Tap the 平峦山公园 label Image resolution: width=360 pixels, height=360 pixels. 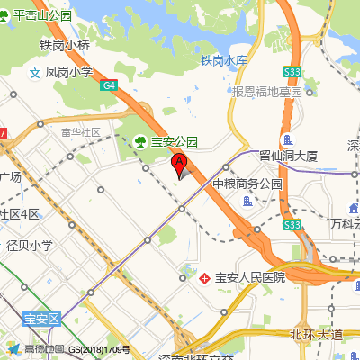pos(41,15)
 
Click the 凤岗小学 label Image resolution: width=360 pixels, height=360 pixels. pos(69,72)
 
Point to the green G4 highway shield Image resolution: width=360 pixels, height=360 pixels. pos(109,85)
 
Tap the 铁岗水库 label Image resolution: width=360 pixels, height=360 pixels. pos(224,61)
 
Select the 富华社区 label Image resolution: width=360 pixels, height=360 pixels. pos(81,132)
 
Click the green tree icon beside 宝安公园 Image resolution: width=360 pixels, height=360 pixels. pos(140,140)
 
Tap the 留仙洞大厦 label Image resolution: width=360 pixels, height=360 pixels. pos(289,156)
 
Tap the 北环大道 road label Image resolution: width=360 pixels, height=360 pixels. pos(316,335)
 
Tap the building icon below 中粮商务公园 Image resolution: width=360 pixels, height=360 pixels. pos(247,201)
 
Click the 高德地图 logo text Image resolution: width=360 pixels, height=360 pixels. pos(45,349)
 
